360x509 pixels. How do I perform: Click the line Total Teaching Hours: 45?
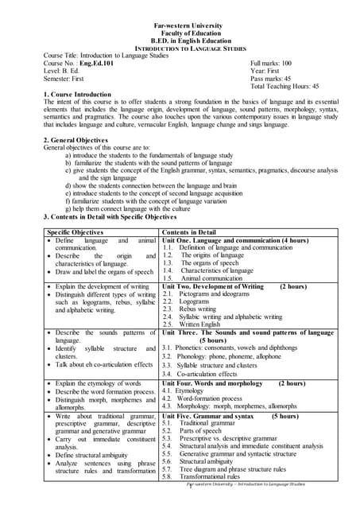pyautogui.click(x=285, y=86)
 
